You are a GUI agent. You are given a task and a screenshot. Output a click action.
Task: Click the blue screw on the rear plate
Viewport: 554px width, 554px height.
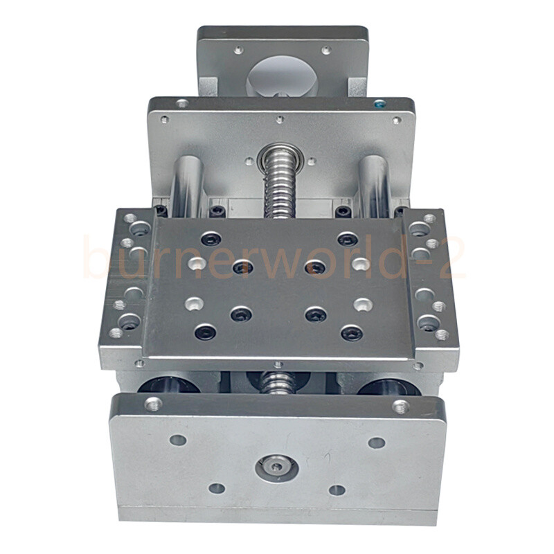point(380,105)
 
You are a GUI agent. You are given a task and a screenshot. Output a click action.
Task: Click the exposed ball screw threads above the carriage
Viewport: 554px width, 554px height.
point(281,187)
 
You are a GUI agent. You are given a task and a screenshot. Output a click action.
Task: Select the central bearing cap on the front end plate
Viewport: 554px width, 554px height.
point(276,468)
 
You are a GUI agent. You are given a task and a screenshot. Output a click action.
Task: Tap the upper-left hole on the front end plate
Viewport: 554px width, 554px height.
point(178,440)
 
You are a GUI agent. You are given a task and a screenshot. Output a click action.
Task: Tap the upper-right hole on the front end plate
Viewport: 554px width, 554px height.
point(377,443)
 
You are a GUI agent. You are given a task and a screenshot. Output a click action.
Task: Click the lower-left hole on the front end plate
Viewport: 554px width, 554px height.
point(217,488)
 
